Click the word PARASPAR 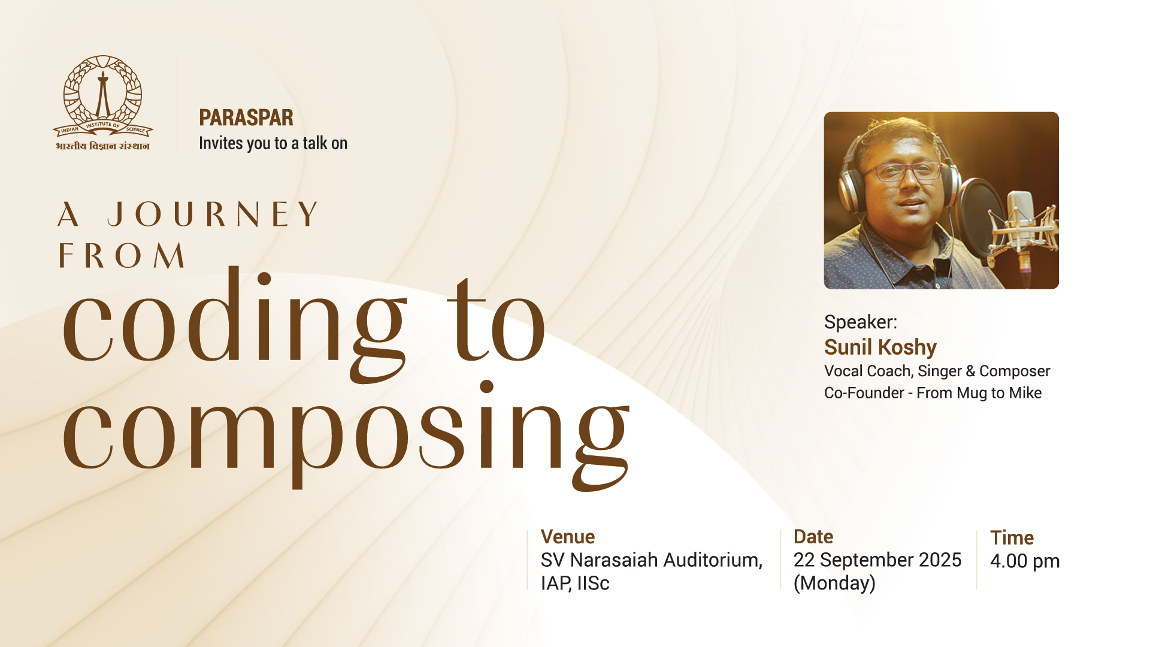(246, 118)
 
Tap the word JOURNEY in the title (213, 214)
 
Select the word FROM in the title (122, 256)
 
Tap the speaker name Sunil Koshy (880, 347)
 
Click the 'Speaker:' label (861, 322)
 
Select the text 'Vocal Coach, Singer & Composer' (937, 371)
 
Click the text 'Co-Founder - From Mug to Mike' (933, 393)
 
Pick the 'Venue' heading (568, 537)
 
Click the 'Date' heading (813, 537)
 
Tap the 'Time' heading (1012, 538)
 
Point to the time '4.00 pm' (1025, 561)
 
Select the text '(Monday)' (834, 583)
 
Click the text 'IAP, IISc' (575, 583)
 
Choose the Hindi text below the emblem (103, 146)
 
